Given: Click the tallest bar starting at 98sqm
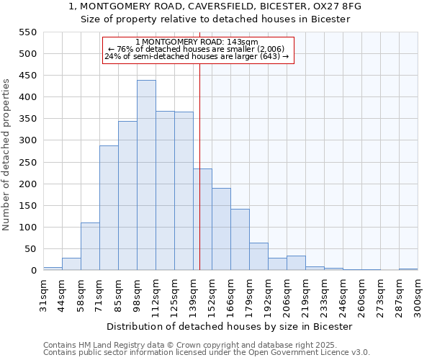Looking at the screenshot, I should (x=146, y=175).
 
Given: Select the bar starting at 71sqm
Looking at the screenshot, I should (x=109, y=208).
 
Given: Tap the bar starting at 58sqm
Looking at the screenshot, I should (x=90, y=246).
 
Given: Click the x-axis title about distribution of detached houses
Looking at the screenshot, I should (x=234, y=326).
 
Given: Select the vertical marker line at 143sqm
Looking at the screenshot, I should (x=199, y=166).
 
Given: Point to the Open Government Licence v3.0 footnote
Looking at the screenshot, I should (x=207, y=352).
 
